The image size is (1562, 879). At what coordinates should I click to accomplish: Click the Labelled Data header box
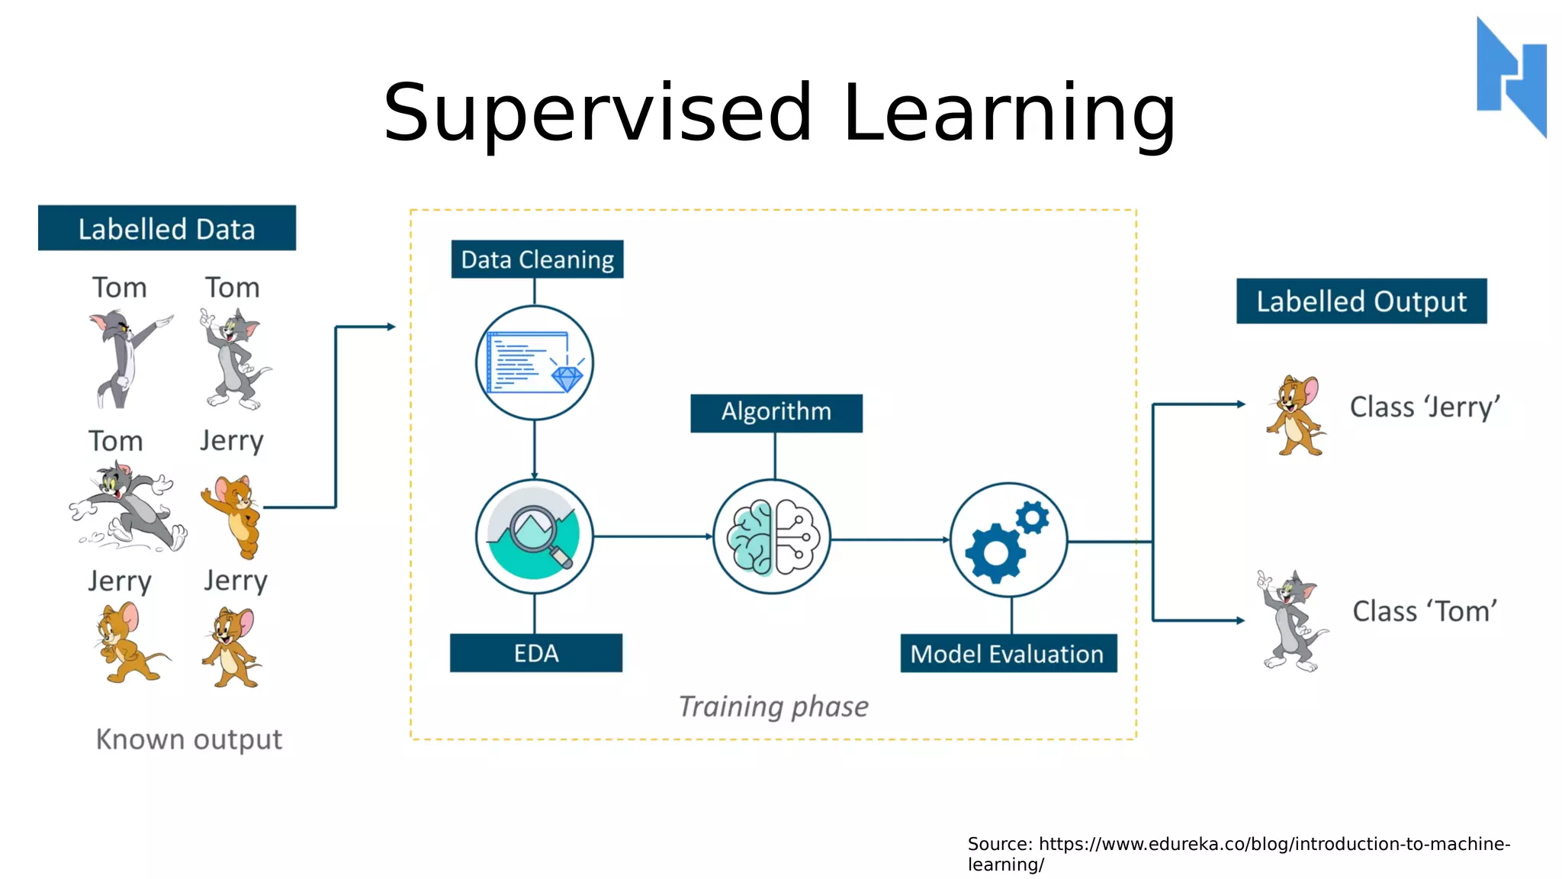coord(166,228)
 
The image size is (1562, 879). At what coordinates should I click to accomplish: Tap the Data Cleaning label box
coord(537,259)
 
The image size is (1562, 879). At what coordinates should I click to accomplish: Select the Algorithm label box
coord(776,413)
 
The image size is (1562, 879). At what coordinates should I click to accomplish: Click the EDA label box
coord(535,653)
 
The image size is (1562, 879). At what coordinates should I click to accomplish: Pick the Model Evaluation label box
coord(1008,654)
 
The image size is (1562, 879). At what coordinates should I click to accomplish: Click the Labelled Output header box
coord(1361,301)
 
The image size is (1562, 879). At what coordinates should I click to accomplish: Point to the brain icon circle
coord(772,537)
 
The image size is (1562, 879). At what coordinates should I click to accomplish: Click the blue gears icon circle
coord(1008,540)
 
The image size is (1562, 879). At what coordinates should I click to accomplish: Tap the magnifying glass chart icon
coord(534,536)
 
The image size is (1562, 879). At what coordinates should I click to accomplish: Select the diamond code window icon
coord(534,362)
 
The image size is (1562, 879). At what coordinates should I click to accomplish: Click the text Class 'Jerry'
coord(1424,407)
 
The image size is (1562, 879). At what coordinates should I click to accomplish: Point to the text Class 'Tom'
coord(1424,611)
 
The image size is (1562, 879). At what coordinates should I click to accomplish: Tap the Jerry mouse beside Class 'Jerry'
coord(1296,415)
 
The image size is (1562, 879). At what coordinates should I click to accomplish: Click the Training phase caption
coord(773,707)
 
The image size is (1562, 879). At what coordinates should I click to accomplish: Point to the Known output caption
coord(188,739)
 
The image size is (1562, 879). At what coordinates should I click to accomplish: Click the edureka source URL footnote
coord(1238,854)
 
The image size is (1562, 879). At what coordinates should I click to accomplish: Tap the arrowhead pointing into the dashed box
coord(391,327)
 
